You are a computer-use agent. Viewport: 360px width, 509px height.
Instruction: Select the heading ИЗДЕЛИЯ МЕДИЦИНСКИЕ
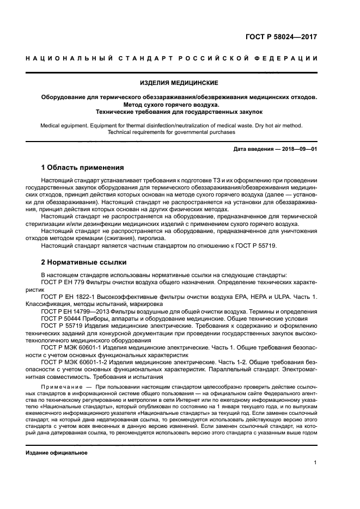pos(180,83)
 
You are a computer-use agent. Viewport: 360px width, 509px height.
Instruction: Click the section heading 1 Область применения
pos(83,167)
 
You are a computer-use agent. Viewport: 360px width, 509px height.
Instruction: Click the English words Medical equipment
pos(65,125)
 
